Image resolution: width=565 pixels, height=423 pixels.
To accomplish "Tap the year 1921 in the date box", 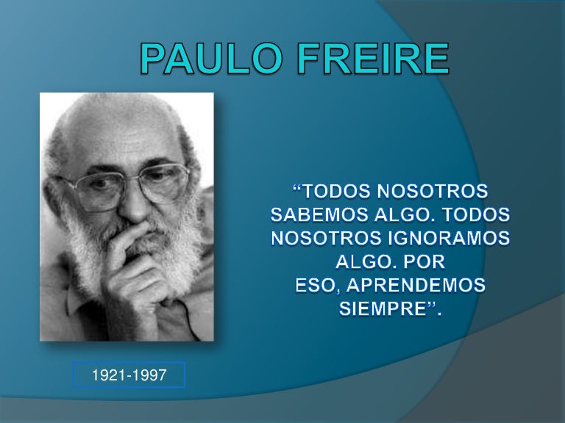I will pos(107,376).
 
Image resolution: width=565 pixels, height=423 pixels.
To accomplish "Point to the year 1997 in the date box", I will pos(150,376).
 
